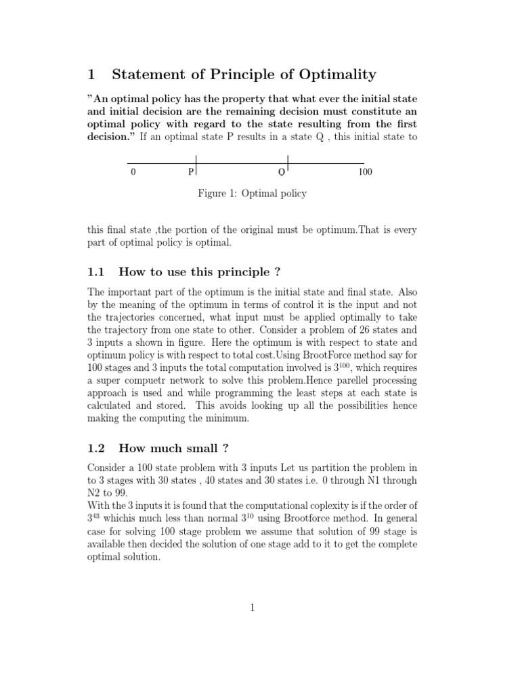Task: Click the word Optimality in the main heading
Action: click(330, 76)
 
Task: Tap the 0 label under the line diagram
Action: click(133, 172)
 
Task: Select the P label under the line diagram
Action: click(191, 172)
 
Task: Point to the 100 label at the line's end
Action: click(365, 172)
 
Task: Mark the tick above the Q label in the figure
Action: click(288, 162)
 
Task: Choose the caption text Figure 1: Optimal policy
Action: click(252, 194)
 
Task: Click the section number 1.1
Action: click(97, 272)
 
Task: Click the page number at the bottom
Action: click(252, 608)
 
